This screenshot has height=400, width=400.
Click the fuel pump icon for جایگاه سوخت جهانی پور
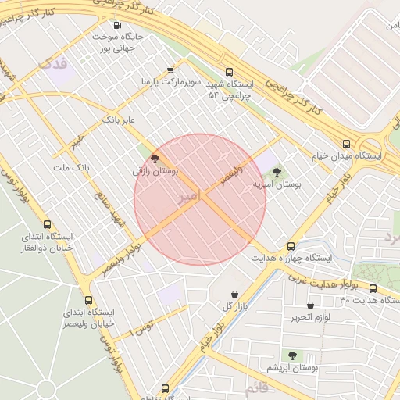(x=117, y=25)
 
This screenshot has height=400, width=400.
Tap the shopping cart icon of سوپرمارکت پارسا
(x=171, y=70)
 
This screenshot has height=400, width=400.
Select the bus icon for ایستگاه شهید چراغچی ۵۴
(x=227, y=70)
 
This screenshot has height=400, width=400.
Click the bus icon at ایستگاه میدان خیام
(x=346, y=144)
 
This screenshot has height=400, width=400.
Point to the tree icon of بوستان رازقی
(x=155, y=158)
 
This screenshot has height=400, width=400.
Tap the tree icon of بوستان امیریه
(x=277, y=172)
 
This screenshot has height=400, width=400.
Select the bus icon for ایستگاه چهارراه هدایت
(x=291, y=245)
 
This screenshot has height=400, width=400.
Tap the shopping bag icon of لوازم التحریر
(x=310, y=305)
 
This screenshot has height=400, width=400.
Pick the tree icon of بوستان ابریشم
(x=292, y=355)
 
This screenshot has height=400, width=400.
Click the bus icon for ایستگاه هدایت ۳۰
(x=372, y=288)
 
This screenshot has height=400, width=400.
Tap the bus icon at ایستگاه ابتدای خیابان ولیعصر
(x=87, y=299)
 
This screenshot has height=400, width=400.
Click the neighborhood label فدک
(x=55, y=61)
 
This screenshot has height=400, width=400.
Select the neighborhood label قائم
(x=256, y=387)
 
